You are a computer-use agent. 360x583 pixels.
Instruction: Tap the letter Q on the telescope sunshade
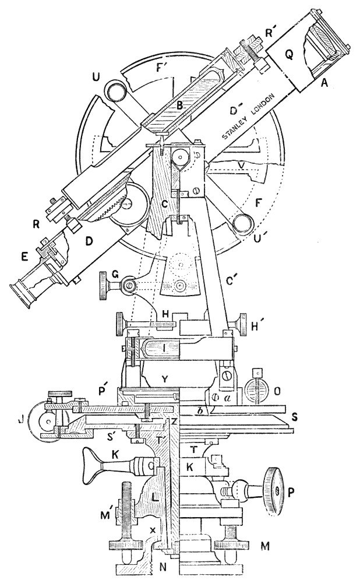[x=288, y=56]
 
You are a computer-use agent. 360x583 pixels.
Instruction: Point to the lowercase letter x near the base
[x=153, y=529]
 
